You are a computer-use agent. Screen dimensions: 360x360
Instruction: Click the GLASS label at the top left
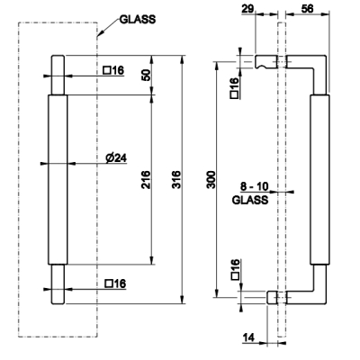click(x=138, y=20)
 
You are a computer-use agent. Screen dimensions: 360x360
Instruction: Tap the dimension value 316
click(x=176, y=179)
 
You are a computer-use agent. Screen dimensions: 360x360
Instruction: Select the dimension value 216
click(x=146, y=179)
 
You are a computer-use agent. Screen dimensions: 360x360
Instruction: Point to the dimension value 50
click(x=146, y=75)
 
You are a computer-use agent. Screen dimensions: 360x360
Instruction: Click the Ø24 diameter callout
click(x=116, y=157)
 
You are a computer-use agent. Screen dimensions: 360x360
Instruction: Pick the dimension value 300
click(x=211, y=179)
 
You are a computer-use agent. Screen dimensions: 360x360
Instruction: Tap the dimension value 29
click(x=247, y=8)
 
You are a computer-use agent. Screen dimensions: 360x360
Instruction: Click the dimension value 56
click(x=307, y=8)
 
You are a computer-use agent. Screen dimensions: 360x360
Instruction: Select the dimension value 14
click(x=248, y=337)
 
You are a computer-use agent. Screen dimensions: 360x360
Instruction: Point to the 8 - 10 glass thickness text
click(x=255, y=186)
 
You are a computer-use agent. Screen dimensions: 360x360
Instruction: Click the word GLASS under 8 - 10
click(x=250, y=200)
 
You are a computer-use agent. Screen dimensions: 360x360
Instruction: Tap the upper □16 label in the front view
click(x=113, y=70)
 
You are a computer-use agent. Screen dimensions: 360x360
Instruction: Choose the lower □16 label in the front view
click(x=116, y=283)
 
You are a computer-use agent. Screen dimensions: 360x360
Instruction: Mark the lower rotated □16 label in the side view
click(x=235, y=269)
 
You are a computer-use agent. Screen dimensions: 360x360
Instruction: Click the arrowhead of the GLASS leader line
click(x=99, y=34)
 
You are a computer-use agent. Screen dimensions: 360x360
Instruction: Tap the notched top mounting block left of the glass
click(x=266, y=61)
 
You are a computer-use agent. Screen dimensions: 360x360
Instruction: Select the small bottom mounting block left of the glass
click(x=273, y=297)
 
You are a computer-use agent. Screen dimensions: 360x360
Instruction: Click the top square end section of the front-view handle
click(x=58, y=75)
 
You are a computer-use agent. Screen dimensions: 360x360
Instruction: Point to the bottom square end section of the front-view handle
click(x=58, y=284)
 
